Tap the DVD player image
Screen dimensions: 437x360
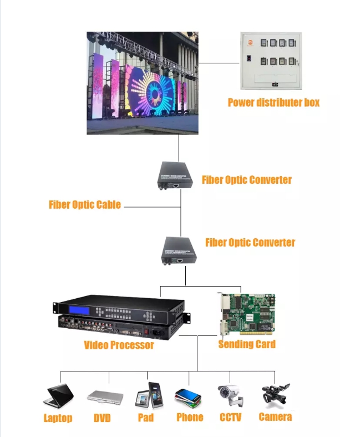(x=105, y=396)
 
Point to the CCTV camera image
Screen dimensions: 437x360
(x=230, y=395)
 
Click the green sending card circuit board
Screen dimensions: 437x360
(x=247, y=315)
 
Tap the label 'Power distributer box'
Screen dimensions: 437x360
(x=273, y=102)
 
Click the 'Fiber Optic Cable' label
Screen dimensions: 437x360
(x=85, y=204)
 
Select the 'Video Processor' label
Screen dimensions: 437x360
(x=119, y=345)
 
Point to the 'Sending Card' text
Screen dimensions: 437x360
(x=247, y=344)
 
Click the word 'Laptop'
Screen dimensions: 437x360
(x=58, y=418)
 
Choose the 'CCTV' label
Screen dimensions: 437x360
(x=230, y=417)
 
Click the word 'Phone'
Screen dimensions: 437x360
(x=190, y=417)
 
